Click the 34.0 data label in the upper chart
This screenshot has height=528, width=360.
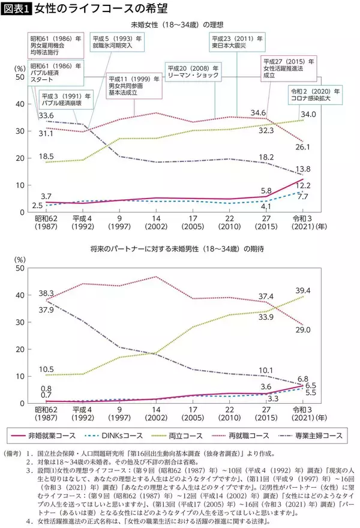308,115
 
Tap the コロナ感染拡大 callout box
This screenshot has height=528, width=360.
313,96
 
